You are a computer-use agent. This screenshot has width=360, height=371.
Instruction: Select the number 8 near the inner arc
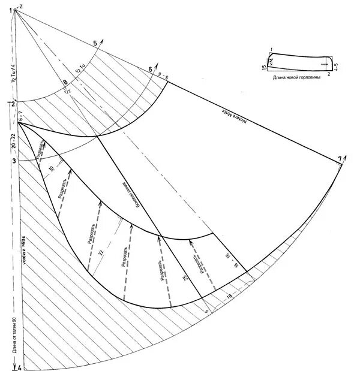65,83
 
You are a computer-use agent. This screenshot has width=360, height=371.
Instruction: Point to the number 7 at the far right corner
340,159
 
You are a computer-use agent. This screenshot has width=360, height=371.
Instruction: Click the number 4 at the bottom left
19,367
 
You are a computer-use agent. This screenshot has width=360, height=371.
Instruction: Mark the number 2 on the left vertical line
12,104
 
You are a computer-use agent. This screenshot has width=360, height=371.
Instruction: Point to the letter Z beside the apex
20,5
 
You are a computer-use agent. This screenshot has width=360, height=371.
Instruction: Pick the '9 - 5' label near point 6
162,76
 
